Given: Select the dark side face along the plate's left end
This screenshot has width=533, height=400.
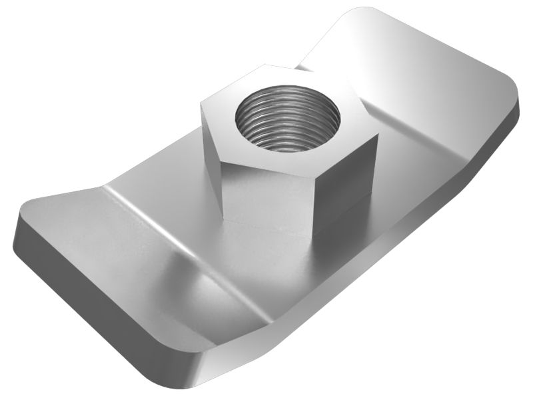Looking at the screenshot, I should [x=87, y=293].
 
